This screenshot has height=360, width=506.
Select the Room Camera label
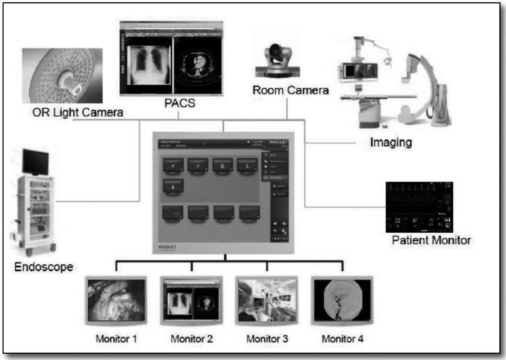tap(290, 90)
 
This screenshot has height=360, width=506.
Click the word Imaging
tap(391, 143)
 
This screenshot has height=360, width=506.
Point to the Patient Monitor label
tap(431, 240)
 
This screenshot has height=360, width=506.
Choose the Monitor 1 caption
tap(116, 338)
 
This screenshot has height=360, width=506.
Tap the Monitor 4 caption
tap(342, 338)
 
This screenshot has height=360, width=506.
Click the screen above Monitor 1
tap(116, 301)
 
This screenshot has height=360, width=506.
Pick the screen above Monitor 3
tap(267, 301)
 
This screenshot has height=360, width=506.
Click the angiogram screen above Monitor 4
tap(342, 301)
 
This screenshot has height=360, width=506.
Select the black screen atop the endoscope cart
tap(36, 161)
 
